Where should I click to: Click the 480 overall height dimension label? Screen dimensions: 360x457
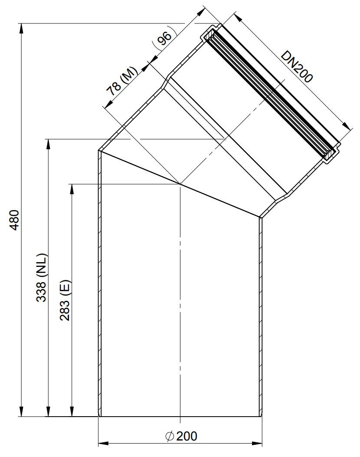[x=15, y=220]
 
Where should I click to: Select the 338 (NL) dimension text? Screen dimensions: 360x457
[x=41, y=278]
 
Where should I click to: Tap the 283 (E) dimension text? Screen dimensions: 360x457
[x=65, y=300]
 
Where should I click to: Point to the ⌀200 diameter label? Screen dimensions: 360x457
[x=181, y=436]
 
